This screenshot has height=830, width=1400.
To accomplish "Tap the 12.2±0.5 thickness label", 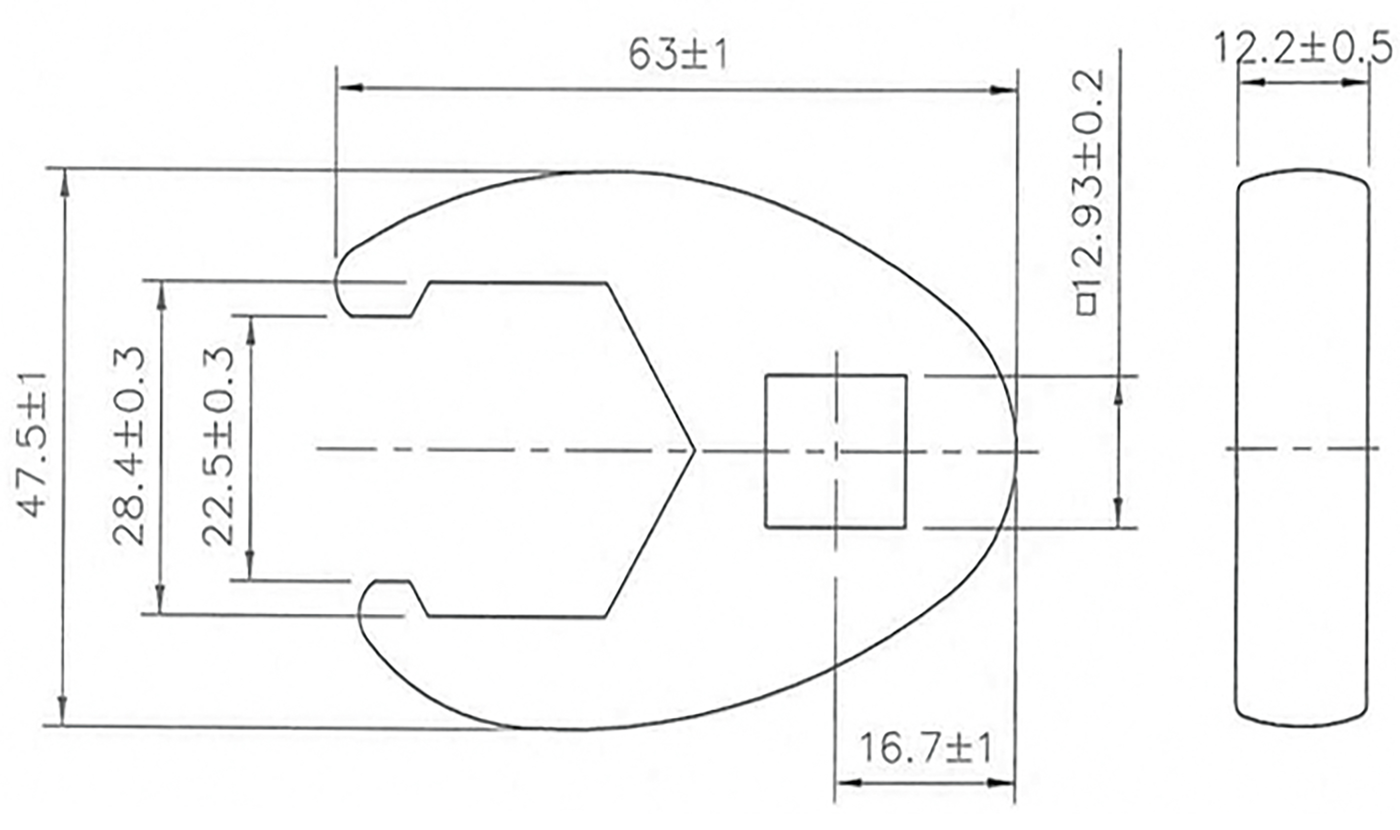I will (x=1302, y=48).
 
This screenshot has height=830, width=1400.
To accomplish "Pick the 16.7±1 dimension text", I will (x=925, y=749).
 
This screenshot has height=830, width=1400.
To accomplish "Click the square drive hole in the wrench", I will (x=835, y=451).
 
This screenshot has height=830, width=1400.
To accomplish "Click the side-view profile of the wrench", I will (x=1302, y=447).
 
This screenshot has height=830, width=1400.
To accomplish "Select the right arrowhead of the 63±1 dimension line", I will (x=1003, y=90).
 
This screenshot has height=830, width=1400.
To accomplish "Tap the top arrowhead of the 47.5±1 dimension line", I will (x=65, y=182).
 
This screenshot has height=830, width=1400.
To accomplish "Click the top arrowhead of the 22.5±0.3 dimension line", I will (x=250, y=330).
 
